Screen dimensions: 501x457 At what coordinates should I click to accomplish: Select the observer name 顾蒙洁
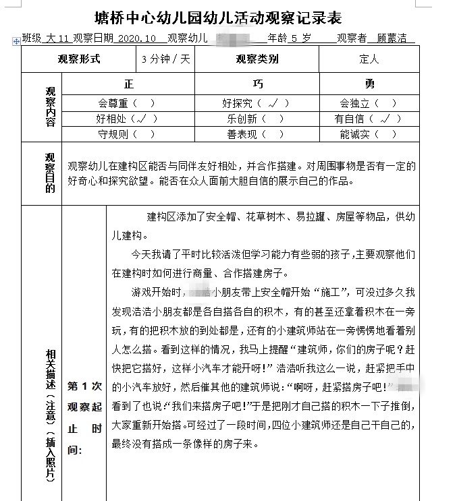(x=392, y=38)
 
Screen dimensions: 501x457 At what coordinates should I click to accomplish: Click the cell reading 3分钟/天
(x=165, y=59)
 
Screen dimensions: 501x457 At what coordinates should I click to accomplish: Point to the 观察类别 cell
(x=257, y=59)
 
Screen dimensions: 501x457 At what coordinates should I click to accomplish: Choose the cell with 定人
(x=369, y=59)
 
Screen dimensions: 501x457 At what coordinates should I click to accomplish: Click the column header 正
(x=129, y=84)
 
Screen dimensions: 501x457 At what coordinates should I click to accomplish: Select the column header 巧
(x=257, y=84)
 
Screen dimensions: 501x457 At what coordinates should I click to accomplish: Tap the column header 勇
(x=369, y=84)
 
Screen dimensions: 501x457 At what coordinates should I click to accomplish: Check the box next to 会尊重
(x=144, y=103)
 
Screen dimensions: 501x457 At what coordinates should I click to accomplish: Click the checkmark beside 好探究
(x=272, y=103)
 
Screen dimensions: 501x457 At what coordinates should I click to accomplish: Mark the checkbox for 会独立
(x=385, y=103)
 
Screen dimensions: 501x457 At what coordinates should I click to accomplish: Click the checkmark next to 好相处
(x=144, y=119)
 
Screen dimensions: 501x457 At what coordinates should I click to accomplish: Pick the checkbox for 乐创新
(x=272, y=119)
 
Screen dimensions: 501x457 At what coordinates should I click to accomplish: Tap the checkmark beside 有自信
(x=385, y=119)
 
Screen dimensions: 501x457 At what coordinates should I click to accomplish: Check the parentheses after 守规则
(x=144, y=134)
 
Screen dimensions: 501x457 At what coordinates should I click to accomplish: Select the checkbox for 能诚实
(x=385, y=134)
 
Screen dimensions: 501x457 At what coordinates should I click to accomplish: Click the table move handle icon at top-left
(x=16, y=42)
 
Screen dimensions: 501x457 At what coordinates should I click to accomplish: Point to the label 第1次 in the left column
(x=84, y=386)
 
